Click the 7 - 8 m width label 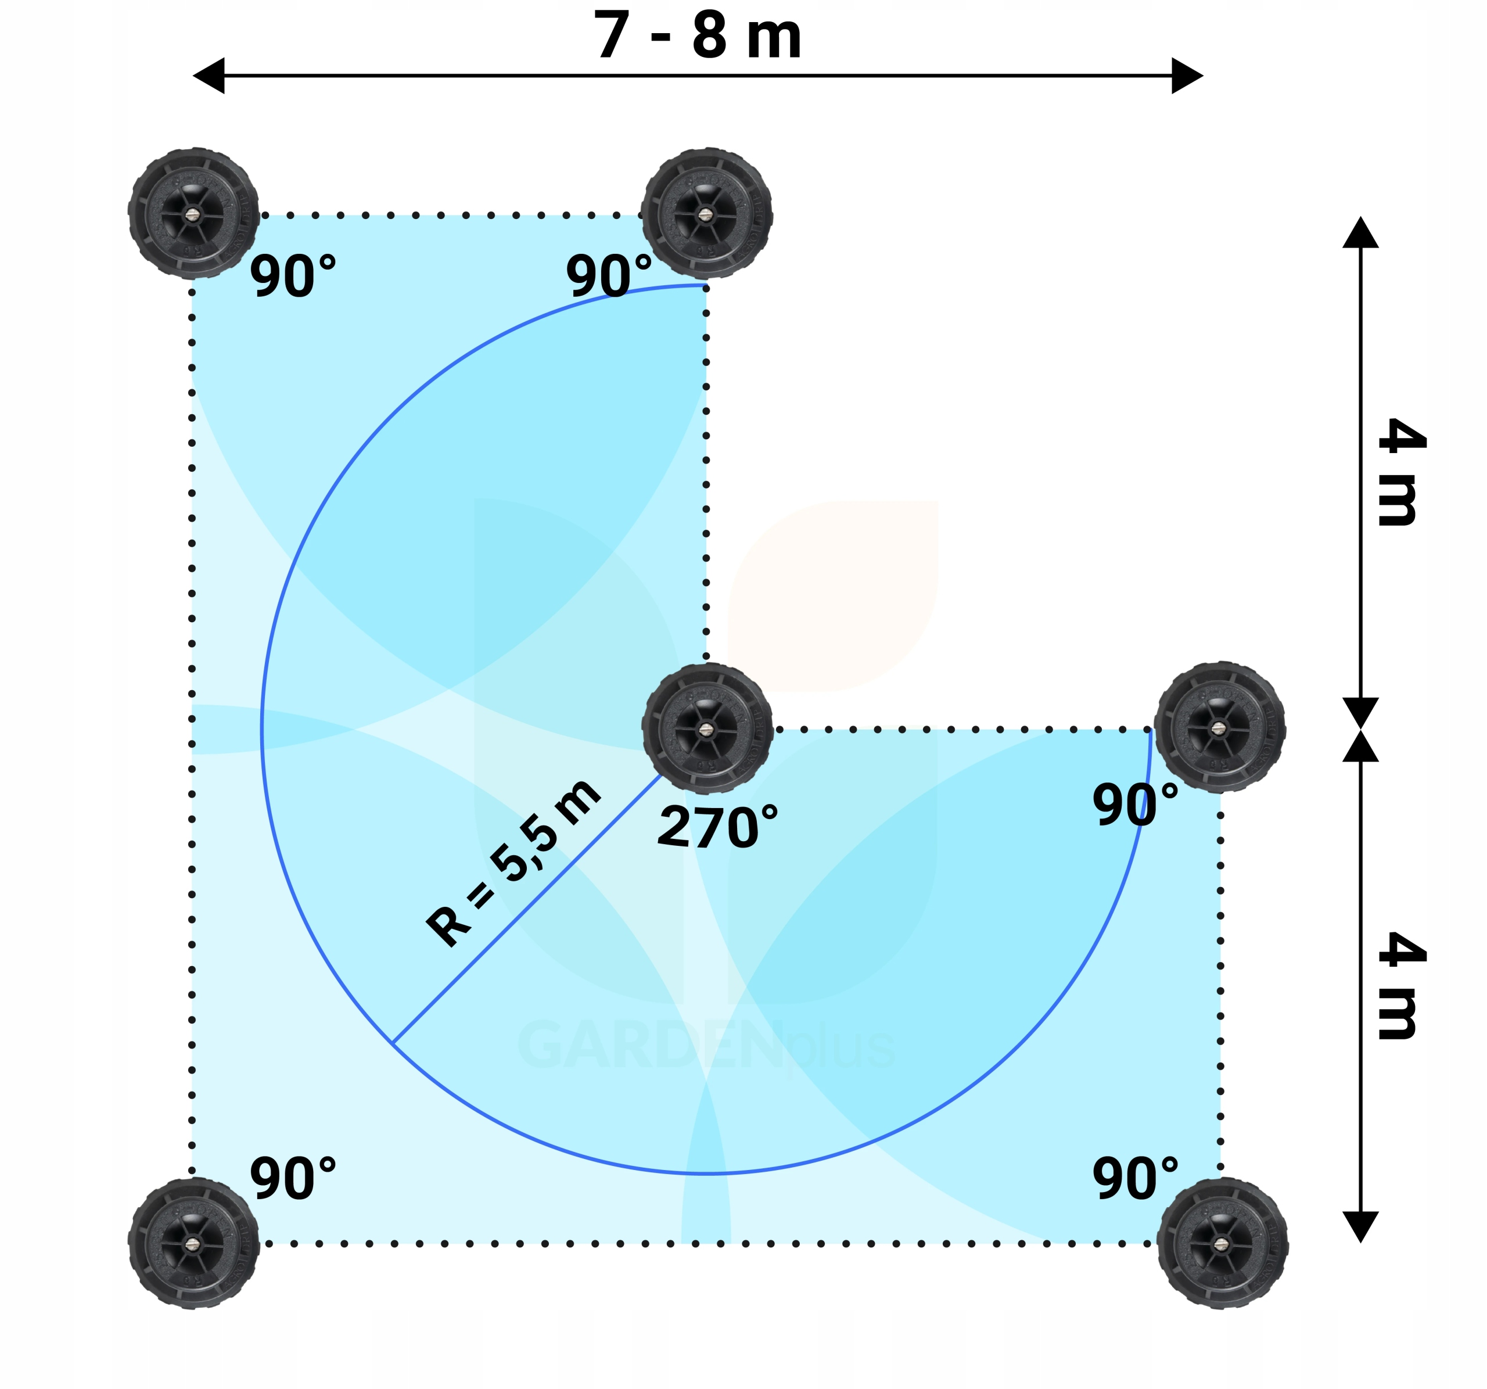click(697, 36)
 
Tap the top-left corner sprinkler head click(194, 214)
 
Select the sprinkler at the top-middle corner click(707, 214)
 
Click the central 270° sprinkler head click(707, 728)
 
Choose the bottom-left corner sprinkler click(194, 1243)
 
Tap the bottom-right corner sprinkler click(1222, 1243)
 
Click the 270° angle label click(717, 827)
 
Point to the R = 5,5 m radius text click(513, 864)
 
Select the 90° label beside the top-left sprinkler click(293, 276)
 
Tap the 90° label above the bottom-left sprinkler click(293, 1179)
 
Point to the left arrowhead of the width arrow click(210, 76)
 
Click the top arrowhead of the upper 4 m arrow click(1360, 232)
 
